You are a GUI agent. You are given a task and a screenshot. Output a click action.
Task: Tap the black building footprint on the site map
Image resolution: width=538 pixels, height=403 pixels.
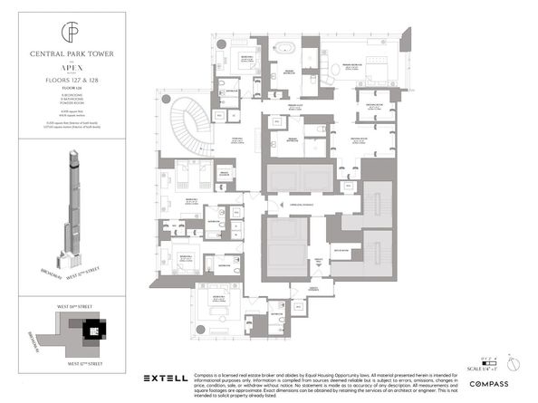(x=91, y=331)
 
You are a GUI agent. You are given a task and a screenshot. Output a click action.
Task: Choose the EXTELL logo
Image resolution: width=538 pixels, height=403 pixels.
(x=167, y=377)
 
